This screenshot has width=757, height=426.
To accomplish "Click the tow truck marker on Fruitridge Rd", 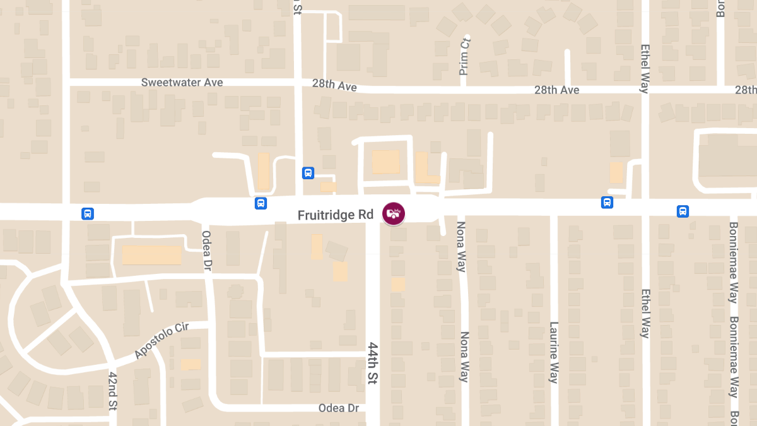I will tap(394, 213).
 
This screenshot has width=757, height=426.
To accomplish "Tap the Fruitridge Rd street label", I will tap(336, 215).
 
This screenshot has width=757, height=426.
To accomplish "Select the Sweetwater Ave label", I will tap(182, 83).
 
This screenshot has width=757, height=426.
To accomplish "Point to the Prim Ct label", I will tap(465, 56).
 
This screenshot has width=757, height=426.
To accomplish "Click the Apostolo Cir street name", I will tap(161, 341).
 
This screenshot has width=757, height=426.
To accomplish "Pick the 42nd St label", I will tap(113, 391).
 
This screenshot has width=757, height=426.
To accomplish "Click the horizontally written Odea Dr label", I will tap(339, 408).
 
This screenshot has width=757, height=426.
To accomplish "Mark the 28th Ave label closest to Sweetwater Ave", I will tap(334, 85).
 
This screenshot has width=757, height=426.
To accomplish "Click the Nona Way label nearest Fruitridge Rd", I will tap(461, 246).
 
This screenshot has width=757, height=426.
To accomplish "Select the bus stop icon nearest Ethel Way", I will tap(607, 203).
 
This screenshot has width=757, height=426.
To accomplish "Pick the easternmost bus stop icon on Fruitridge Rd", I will tap(683, 211).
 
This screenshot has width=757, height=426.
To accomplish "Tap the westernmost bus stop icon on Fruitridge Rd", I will tap(88, 214).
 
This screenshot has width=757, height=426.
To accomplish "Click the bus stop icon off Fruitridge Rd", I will tap(308, 173).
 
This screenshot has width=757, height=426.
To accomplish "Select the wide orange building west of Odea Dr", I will tap(151, 255).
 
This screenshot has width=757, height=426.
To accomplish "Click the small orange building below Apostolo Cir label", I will tap(191, 364).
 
